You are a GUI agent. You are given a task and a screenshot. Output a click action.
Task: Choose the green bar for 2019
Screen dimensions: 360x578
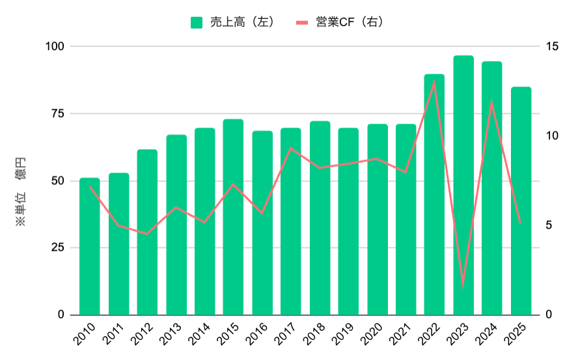point(348,221)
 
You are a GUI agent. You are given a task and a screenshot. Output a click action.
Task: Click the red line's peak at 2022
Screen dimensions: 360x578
point(434,81)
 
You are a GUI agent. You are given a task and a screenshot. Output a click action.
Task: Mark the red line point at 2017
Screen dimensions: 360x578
point(291,148)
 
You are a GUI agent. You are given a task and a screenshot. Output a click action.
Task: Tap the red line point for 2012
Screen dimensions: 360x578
point(147,234)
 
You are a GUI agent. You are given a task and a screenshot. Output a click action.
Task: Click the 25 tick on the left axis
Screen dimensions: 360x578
point(58,247)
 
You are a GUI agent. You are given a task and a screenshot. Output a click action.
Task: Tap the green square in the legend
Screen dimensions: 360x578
point(196,22)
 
